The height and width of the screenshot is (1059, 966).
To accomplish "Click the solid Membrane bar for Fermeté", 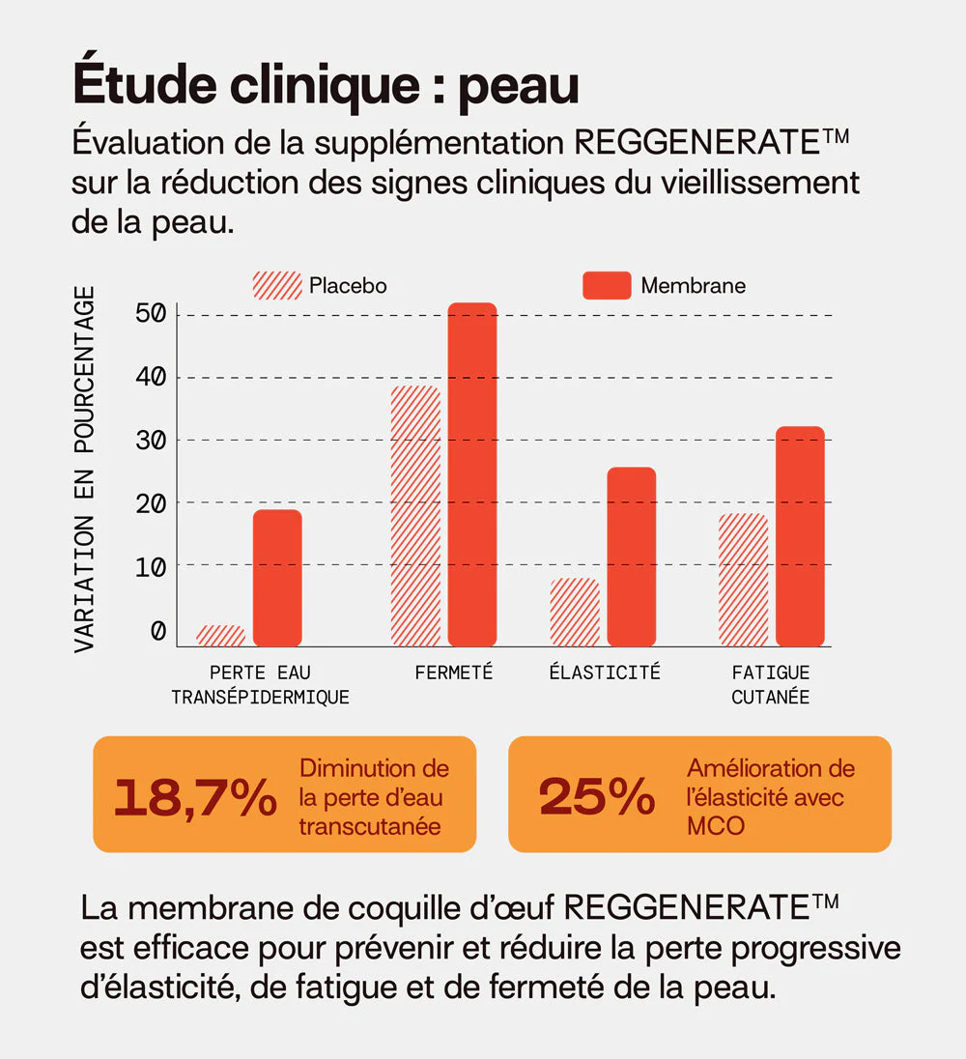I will (472, 474).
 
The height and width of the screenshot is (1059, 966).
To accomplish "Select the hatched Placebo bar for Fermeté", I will (415, 516).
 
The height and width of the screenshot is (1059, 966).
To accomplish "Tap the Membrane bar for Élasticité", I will (632, 557).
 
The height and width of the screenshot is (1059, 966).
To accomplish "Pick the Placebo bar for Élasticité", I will (575, 612).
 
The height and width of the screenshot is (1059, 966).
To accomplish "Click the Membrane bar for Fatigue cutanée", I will (800, 536).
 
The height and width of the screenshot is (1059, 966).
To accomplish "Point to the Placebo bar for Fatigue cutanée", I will (744, 580).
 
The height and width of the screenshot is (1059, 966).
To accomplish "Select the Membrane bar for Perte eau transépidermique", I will (277, 578).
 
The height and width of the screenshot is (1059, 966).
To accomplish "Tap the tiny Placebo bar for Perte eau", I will (220, 635).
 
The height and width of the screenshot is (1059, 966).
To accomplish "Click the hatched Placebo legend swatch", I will (277, 286).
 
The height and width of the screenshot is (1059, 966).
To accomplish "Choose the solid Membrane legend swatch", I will (607, 286).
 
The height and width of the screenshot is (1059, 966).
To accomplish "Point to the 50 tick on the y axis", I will (151, 315).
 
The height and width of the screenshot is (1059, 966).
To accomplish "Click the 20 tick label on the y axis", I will (151, 503).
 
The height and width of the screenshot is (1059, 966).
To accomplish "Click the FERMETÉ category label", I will (454, 673).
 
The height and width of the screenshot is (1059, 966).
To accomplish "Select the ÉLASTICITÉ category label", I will (605, 673).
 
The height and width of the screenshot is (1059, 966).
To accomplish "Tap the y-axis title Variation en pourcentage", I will (85, 469).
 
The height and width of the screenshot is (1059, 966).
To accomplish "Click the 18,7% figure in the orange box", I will (195, 797).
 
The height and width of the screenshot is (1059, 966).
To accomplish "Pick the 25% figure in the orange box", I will (596, 797).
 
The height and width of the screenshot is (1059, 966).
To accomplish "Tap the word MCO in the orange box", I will (716, 826).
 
